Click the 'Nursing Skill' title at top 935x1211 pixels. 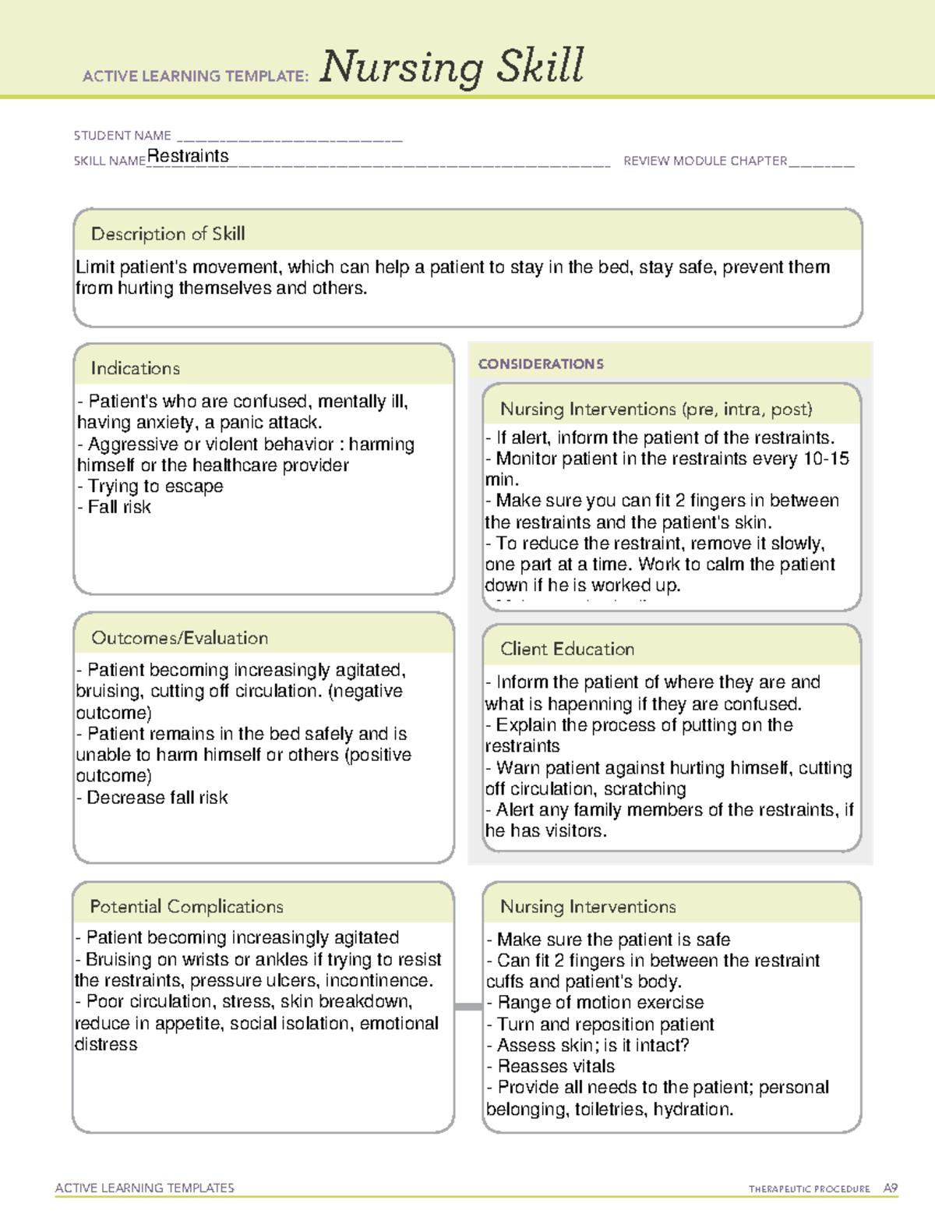coord(451,67)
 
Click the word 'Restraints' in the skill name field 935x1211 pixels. coord(188,156)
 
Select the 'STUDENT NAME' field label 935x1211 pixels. coord(122,136)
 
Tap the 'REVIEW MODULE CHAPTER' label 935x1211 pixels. coord(705,161)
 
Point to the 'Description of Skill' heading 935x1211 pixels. coord(168,234)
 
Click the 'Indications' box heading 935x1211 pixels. coord(135,368)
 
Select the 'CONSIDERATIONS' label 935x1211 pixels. coord(541,364)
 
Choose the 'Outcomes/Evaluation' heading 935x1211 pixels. coord(179,638)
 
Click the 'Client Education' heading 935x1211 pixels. coord(567,649)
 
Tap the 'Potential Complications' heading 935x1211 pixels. coord(186,907)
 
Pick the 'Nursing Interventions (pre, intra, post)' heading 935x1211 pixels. coord(656,409)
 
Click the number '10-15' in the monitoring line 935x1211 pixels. coord(826,459)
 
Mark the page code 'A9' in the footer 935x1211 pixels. coord(891,1188)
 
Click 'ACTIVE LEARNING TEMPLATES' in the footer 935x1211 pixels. coord(145,1188)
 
